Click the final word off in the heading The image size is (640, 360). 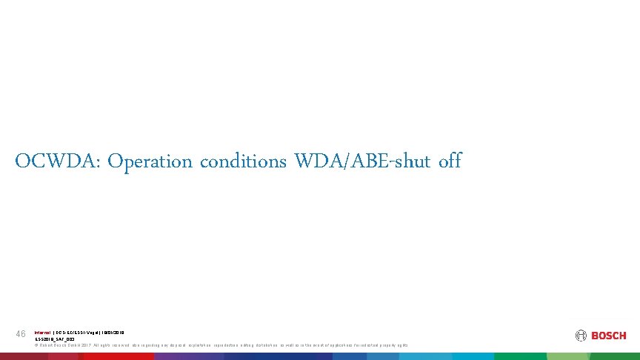pyautogui.click(x=450, y=161)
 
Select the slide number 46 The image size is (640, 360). pyautogui.click(x=21, y=335)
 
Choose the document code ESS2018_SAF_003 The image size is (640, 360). pyautogui.click(x=55, y=339)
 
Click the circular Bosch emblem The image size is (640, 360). pyautogui.click(x=580, y=336)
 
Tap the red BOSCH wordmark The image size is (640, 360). pyautogui.click(x=608, y=336)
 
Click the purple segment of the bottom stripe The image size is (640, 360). pyautogui.click(x=185, y=356)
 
